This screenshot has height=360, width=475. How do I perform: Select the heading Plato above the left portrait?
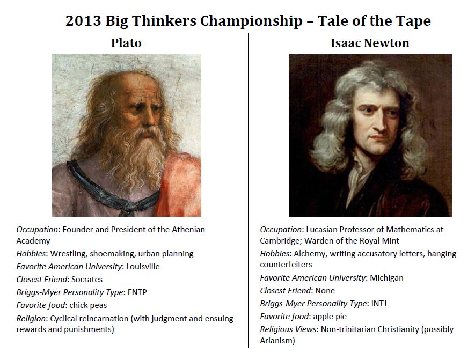(x=126, y=43)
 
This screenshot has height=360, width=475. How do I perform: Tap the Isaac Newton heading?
(x=370, y=43)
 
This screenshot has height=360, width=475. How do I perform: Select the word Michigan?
(x=386, y=277)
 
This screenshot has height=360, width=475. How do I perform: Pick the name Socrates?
(x=86, y=279)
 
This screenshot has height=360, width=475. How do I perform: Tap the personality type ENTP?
(x=137, y=292)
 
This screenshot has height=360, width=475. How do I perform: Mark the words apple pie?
(x=331, y=316)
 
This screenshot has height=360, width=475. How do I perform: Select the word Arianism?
(x=277, y=340)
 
